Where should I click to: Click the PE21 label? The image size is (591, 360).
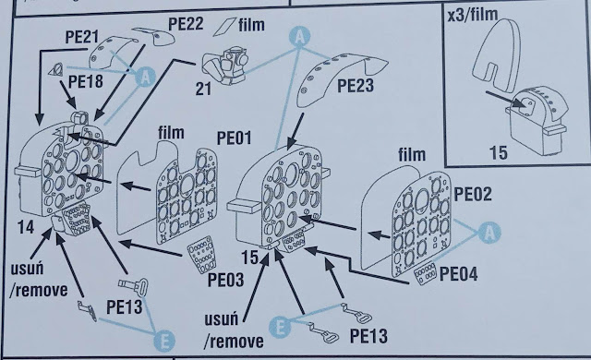[82, 37]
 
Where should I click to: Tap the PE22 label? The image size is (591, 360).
[186, 24]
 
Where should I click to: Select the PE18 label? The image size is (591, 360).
[86, 81]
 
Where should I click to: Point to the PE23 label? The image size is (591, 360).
[356, 86]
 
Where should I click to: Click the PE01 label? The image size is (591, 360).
[234, 138]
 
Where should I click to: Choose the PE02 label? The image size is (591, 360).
[473, 195]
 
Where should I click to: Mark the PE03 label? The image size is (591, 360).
[225, 280]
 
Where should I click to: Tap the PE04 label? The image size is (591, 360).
[459, 274]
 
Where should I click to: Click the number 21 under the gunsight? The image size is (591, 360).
[203, 90]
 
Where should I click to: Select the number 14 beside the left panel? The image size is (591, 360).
[26, 227]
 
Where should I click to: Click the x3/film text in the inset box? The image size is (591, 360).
[473, 15]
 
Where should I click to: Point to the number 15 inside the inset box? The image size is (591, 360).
[499, 153]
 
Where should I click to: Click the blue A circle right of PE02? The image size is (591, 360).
[489, 233]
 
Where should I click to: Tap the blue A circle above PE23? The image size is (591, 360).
[299, 37]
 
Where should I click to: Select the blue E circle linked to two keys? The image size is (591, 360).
[280, 327]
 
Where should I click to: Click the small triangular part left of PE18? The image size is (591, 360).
[56, 70]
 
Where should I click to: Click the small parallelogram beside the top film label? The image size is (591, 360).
[224, 27]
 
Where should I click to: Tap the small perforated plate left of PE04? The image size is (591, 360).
[425, 273]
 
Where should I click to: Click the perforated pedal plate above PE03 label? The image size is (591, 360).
[202, 255]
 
